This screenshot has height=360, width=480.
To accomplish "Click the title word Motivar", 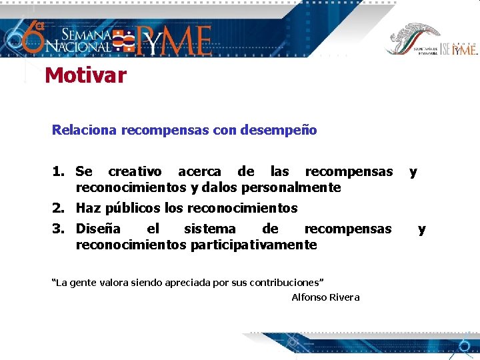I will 85,75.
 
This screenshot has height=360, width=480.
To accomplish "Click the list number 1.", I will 58,172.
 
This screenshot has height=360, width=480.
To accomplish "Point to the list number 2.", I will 58,208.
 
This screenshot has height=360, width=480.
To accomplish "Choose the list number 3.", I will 58,229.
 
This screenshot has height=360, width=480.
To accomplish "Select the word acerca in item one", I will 199,172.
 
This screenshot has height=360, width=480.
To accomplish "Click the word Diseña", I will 98,229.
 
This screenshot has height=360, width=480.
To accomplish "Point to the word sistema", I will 209,229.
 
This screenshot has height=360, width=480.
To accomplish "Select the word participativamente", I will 253,245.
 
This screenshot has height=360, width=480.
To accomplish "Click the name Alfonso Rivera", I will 325,297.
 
